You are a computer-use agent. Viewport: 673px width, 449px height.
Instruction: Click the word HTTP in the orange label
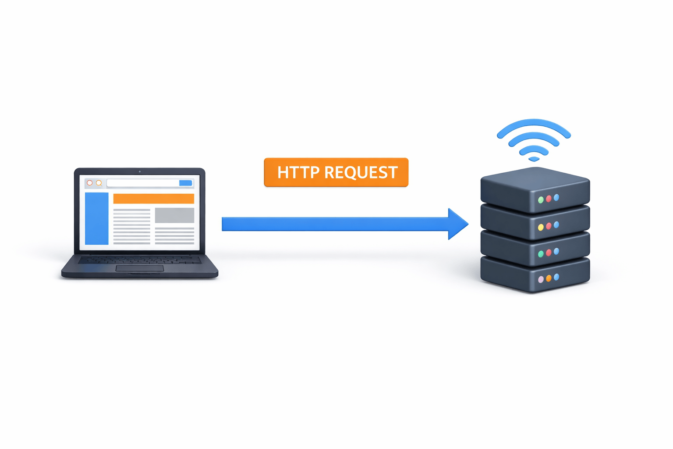click(298, 172)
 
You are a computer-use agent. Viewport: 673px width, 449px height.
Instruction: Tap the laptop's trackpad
click(139, 268)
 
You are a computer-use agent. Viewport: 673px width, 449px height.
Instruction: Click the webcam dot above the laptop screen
click(139, 171)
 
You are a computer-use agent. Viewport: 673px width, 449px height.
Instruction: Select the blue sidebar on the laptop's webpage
click(96, 218)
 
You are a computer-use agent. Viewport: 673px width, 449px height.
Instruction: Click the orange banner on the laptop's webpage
click(153, 199)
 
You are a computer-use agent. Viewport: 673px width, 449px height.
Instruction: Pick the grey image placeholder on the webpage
click(174, 215)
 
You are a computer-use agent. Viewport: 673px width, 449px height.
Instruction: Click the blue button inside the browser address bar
click(185, 183)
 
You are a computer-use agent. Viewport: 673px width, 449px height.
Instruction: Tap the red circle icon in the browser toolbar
click(90, 183)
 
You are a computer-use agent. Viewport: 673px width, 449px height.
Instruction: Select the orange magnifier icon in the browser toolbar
click(99, 183)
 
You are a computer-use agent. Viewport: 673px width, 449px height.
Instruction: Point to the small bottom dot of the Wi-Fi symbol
click(534, 159)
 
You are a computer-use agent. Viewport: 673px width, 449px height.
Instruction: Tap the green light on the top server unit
click(541, 200)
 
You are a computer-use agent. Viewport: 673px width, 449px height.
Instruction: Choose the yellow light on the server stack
click(541, 227)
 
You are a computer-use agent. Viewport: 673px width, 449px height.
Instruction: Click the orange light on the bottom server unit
click(549, 278)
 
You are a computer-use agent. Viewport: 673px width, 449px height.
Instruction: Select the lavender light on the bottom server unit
click(541, 280)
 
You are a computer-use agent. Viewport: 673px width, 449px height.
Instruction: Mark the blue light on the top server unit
click(556, 197)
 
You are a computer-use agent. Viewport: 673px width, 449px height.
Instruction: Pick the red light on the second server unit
click(549, 226)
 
